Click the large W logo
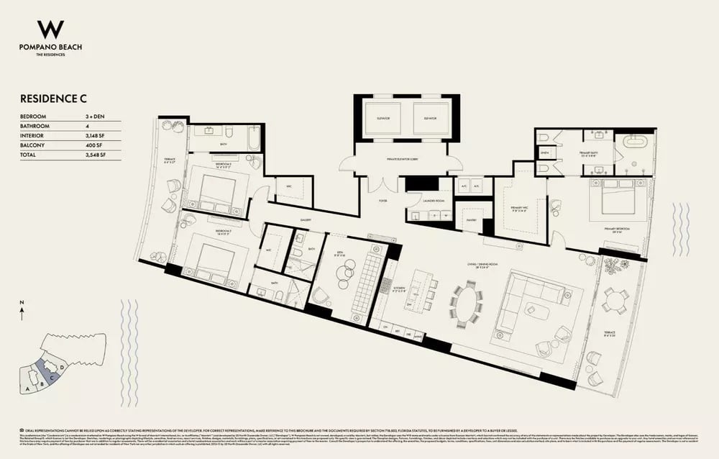(x=50, y=29)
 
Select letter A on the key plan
(x=27, y=388)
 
